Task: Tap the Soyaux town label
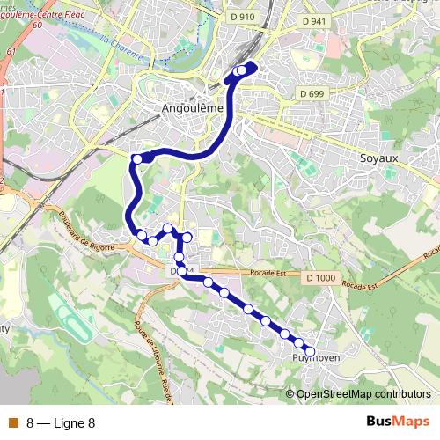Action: coord(380,158)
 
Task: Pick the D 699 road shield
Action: coord(312,93)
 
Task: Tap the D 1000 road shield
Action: coord(321,278)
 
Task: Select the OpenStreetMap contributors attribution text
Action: coord(363,394)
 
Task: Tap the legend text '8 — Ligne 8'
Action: coord(62,423)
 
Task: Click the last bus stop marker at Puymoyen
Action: coord(310,351)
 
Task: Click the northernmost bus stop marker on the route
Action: coord(242,70)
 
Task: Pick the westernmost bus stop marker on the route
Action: coord(136,158)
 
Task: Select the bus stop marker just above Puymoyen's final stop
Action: coord(298,342)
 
